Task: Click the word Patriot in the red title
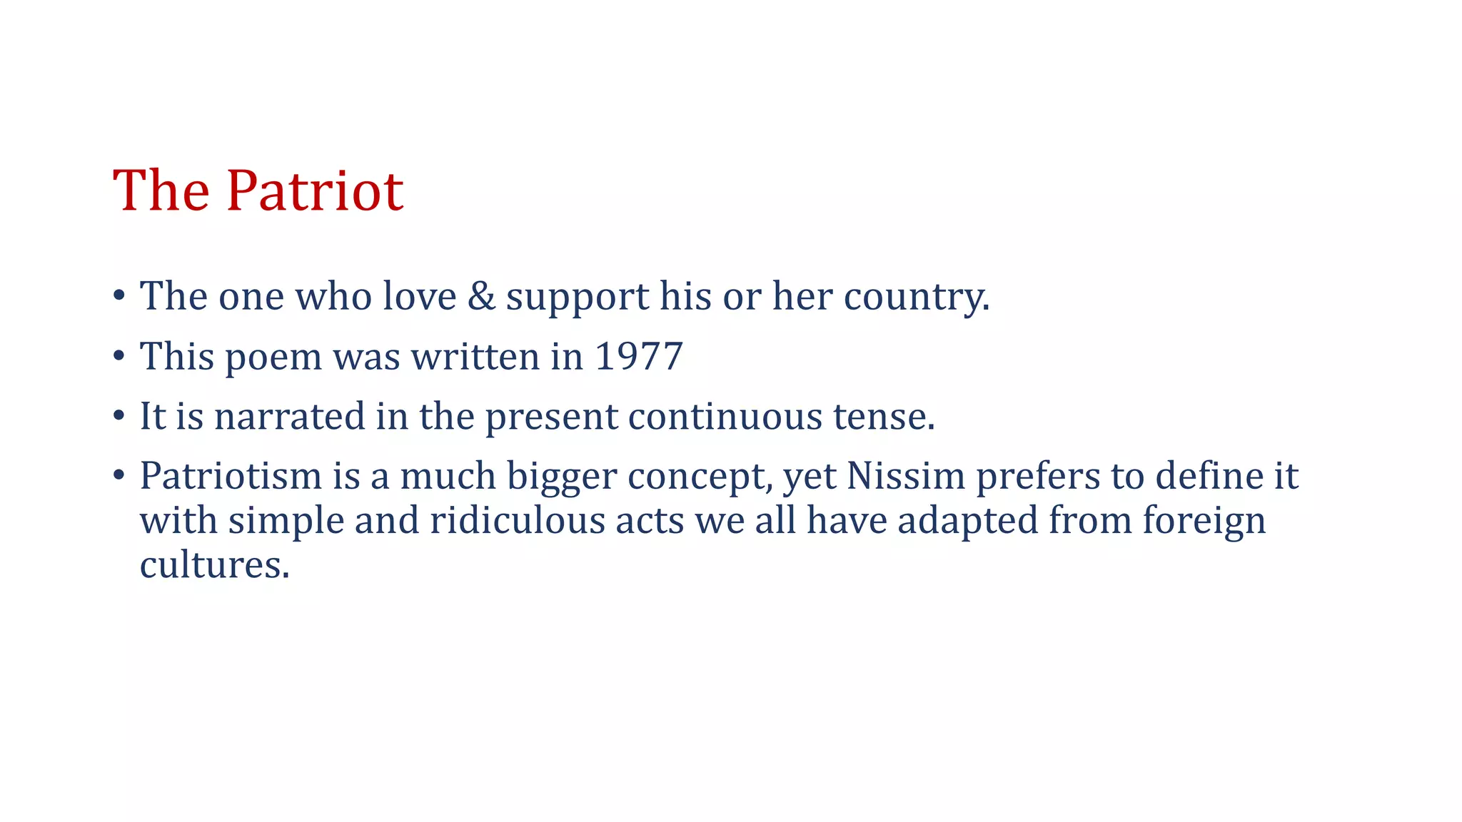(x=315, y=191)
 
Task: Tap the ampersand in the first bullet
(x=481, y=295)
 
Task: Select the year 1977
(x=638, y=356)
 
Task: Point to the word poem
(x=273, y=357)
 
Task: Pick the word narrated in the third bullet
(x=290, y=416)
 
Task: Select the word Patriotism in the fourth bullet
(x=231, y=476)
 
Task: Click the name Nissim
(x=906, y=476)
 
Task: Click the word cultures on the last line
(x=214, y=564)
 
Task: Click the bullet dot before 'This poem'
(x=119, y=355)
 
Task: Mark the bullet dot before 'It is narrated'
(x=119, y=415)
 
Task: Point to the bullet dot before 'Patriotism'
(x=119, y=475)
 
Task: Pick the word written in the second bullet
(x=475, y=356)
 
